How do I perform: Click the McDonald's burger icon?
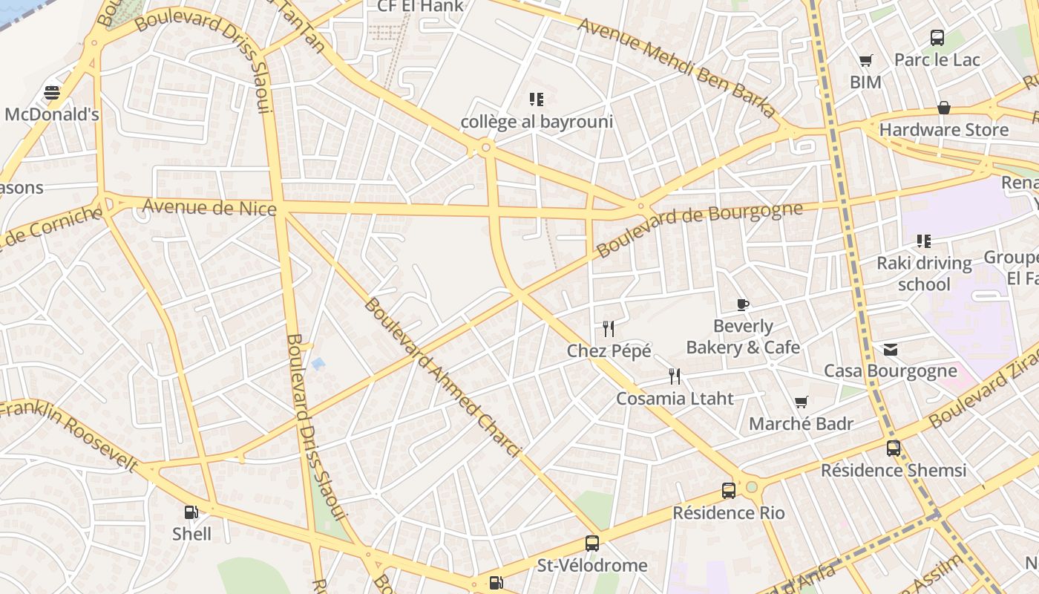pyautogui.click(x=52, y=93)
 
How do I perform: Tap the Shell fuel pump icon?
pyautogui.click(x=191, y=512)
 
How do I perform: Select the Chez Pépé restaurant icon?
pyautogui.click(x=609, y=328)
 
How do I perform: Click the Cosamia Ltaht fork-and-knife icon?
pyautogui.click(x=674, y=376)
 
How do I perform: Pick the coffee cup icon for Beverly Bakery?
pyautogui.click(x=743, y=304)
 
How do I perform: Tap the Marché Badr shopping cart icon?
pyautogui.click(x=801, y=402)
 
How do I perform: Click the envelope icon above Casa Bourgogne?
pyautogui.click(x=891, y=349)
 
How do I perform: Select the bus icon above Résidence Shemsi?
pyautogui.click(x=894, y=448)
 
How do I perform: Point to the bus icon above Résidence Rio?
pyautogui.click(x=729, y=491)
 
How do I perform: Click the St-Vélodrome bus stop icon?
pyautogui.click(x=591, y=544)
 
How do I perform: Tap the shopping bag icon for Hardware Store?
pyautogui.click(x=944, y=108)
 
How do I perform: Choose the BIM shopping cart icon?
pyautogui.click(x=865, y=61)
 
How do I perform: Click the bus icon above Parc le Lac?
pyautogui.click(x=937, y=38)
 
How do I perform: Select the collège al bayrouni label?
pyautogui.click(x=537, y=122)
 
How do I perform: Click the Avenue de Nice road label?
pyautogui.click(x=209, y=206)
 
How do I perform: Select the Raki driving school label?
pyautogui.click(x=924, y=273)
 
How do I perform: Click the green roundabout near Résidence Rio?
pyautogui.click(x=752, y=487)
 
